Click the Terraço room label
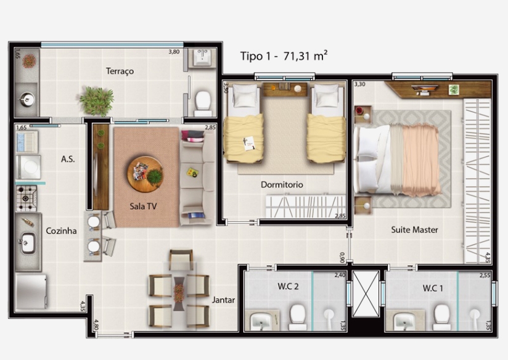pyautogui.click(x=120, y=71)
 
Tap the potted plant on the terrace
pyautogui.click(x=97, y=100)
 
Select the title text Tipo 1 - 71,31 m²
pyautogui.click(x=284, y=56)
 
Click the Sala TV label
pyautogui.click(x=143, y=207)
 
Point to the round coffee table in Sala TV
pyautogui.click(x=145, y=174)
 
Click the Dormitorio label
pyautogui.click(x=282, y=184)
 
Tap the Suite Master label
pyautogui.click(x=414, y=229)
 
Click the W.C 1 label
pyautogui.click(x=433, y=288)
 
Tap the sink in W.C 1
pyautogui.click(x=405, y=321)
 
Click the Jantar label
pyautogui.click(x=223, y=300)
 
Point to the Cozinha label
pyautogui.click(x=61, y=231)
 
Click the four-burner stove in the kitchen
pyautogui.click(x=27, y=197)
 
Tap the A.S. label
pyautogui.click(x=68, y=159)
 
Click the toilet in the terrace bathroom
pyautogui.click(x=202, y=101)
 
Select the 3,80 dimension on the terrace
pyautogui.click(x=174, y=52)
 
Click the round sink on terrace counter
pyautogui.click(x=27, y=97)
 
